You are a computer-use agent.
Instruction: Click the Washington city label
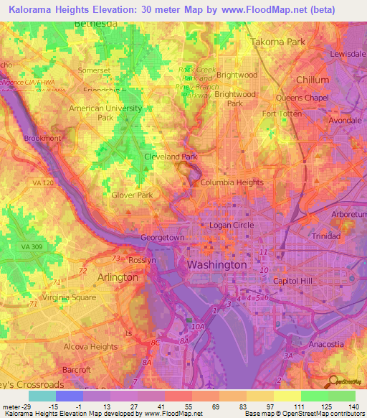pyautogui.click(x=216, y=265)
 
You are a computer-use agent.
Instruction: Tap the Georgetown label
pyautogui.click(x=163, y=238)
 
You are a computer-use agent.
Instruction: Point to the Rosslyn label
pyautogui.click(x=141, y=260)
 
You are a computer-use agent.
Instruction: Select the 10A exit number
pyautogui.click(x=198, y=327)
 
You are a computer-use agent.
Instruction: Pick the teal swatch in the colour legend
pyautogui.click(x=42, y=396)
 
